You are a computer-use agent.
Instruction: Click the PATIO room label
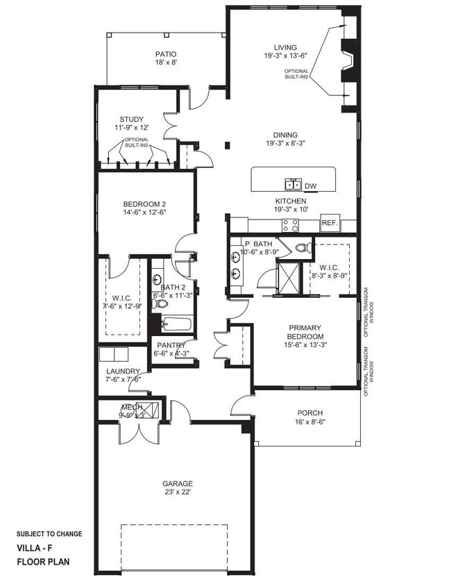pos(165,54)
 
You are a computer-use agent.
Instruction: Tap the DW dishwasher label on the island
pos(310,185)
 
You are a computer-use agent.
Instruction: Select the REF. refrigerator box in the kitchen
pos(328,224)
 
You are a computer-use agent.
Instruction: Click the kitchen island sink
pos(293,184)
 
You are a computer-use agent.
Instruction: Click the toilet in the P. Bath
pos(302,247)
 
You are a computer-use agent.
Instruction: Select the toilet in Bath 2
pos(161,303)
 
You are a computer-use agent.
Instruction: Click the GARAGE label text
pos(178,483)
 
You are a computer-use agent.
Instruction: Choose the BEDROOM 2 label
pos(144,204)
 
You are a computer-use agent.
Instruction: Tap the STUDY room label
pos(131,119)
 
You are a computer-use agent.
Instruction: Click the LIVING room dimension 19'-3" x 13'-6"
pos(285,56)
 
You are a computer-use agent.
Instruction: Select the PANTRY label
pos(170,345)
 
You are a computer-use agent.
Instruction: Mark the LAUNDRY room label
pos(122,371)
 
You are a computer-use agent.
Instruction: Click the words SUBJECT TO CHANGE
pos(49,534)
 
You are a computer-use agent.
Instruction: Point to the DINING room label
pos(285,135)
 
